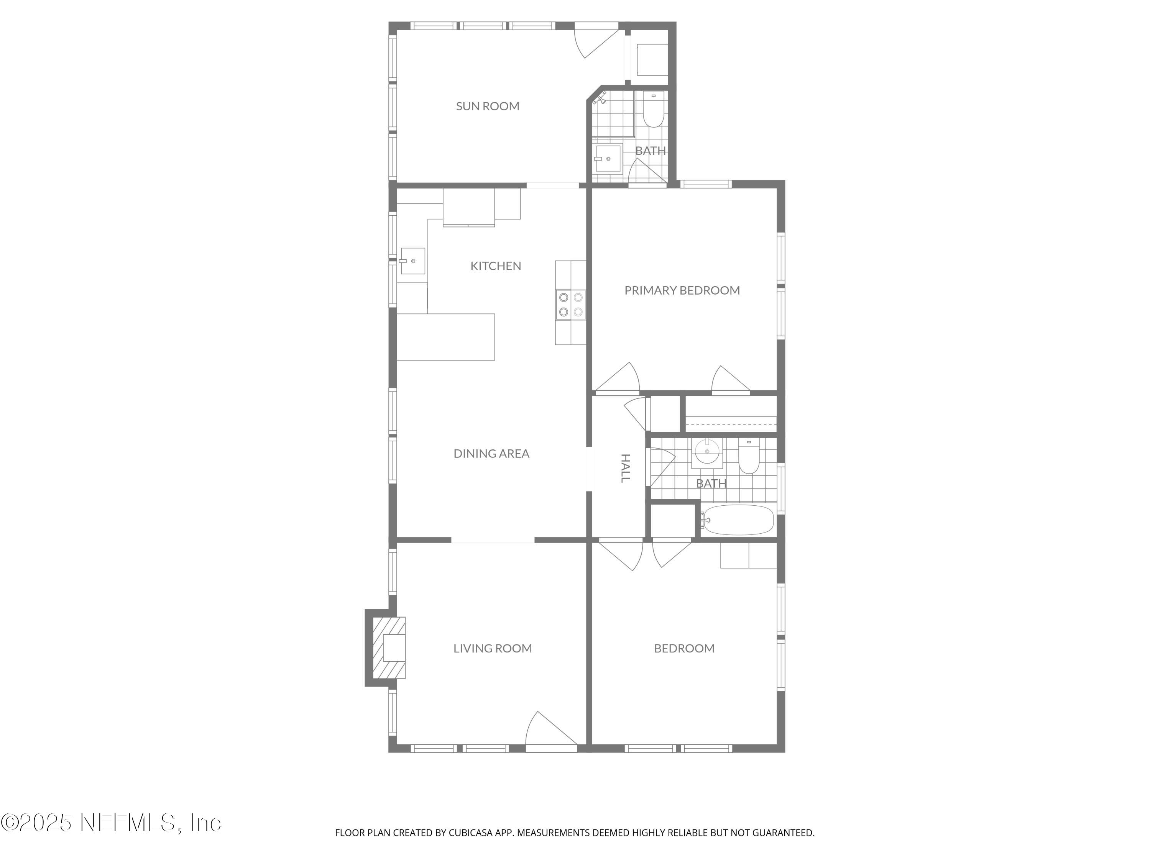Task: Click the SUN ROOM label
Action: point(487,106)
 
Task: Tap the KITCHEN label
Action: point(495,266)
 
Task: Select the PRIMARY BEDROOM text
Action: point(682,290)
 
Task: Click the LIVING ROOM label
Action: point(492,649)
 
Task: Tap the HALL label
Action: point(626,468)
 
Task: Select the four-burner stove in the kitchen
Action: point(570,305)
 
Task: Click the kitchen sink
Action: point(412,261)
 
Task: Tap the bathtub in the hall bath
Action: point(737,519)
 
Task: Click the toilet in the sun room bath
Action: point(654,111)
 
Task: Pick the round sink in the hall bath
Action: point(706,452)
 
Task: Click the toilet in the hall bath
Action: point(749,457)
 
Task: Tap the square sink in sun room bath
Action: point(607,159)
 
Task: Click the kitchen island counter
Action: point(445,337)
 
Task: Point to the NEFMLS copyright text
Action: point(111,823)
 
